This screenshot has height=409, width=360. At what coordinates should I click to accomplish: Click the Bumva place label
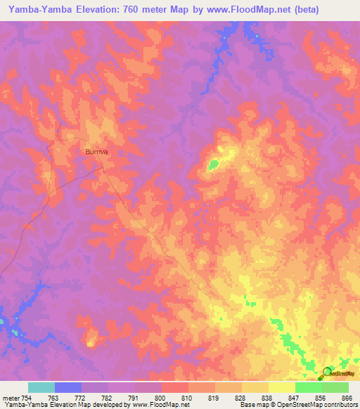98,150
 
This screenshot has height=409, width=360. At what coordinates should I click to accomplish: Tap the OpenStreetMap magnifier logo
328,372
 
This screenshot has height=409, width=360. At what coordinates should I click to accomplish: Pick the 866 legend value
346,398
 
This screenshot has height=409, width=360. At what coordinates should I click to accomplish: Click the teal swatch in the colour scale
41,387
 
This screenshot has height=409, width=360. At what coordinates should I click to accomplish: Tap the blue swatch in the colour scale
68,387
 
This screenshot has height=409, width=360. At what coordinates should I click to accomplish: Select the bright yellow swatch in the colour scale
282,387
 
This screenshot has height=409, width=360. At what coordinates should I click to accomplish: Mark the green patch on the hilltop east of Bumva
213,164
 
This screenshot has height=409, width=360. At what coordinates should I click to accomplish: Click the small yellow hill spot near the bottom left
90,343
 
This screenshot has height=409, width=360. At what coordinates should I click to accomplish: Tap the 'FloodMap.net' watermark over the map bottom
174,375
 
